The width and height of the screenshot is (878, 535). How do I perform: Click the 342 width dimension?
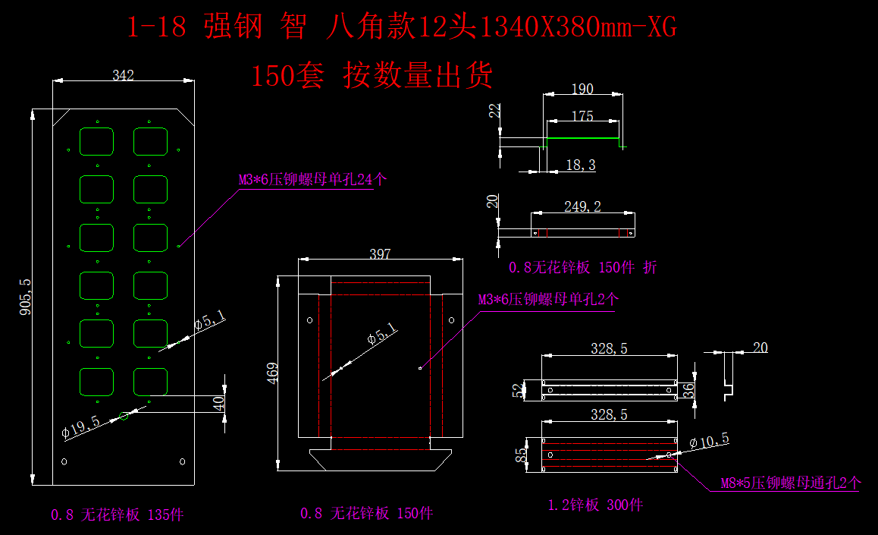click(123, 75)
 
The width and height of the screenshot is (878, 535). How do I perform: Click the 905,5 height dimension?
click(26, 297)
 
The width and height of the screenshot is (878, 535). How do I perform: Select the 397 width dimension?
click(379, 253)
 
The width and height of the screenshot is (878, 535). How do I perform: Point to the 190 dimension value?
click(582, 90)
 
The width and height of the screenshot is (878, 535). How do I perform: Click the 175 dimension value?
click(582, 116)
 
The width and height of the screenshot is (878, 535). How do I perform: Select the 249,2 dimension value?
click(582, 206)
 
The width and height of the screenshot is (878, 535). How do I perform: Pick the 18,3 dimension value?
click(581, 165)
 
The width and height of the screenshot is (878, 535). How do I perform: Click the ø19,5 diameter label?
click(80, 427)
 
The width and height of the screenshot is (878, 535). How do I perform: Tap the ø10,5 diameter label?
click(709, 439)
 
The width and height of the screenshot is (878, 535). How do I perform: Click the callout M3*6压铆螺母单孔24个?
click(313, 181)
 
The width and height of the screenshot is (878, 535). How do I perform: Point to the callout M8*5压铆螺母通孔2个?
click(790, 483)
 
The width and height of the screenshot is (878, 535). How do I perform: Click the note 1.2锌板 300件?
click(595, 505)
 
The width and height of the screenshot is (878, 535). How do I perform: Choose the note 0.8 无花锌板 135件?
click(118, 515)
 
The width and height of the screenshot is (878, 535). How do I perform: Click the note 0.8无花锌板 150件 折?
click(584, 267)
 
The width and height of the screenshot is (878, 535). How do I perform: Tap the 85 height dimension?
click(521, 455)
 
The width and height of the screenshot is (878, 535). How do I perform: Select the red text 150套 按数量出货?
click(372, 76)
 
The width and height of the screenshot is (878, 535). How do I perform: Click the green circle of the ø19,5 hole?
click(125, 414)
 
